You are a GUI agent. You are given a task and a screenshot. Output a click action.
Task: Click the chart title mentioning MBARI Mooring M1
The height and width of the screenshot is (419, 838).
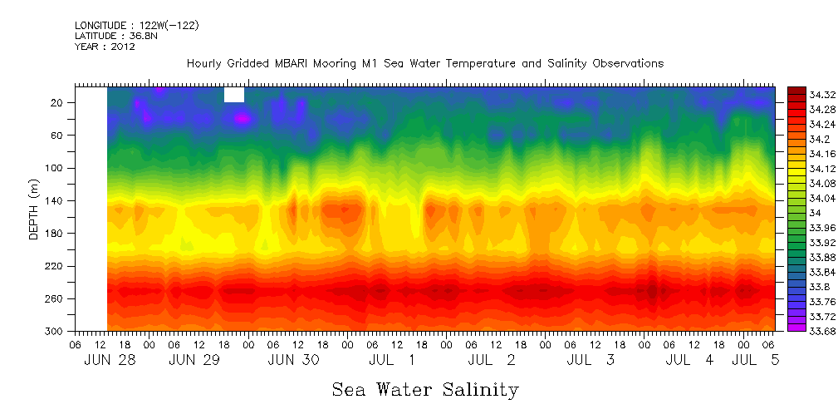click(425, 64)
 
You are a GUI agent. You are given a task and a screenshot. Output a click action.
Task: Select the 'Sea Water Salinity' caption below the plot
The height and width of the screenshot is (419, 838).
click(425, 390)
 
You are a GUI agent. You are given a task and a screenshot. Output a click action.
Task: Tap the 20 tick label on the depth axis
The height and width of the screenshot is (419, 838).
click(58, 103)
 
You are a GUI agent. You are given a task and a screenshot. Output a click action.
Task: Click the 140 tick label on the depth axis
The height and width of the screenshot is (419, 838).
click(56, 201)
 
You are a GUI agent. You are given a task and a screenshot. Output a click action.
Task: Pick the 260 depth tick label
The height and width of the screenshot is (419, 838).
click(56, 299)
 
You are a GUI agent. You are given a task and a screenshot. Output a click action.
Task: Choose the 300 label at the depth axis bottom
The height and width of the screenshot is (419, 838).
click(56, 332)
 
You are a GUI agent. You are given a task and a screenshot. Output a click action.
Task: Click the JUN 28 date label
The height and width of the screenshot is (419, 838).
click(110, 361)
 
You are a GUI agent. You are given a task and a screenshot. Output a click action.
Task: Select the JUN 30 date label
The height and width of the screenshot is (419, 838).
click(294, 361)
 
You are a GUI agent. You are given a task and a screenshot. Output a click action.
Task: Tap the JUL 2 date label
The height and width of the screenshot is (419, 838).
click(492, 361)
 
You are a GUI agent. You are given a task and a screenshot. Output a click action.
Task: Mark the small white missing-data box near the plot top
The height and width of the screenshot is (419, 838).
click(234, 95)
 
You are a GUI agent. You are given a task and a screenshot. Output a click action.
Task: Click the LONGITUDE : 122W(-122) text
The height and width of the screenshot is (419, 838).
click(136, 26)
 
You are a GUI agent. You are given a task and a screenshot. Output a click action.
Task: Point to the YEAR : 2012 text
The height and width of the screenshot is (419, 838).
click(105, 47)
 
